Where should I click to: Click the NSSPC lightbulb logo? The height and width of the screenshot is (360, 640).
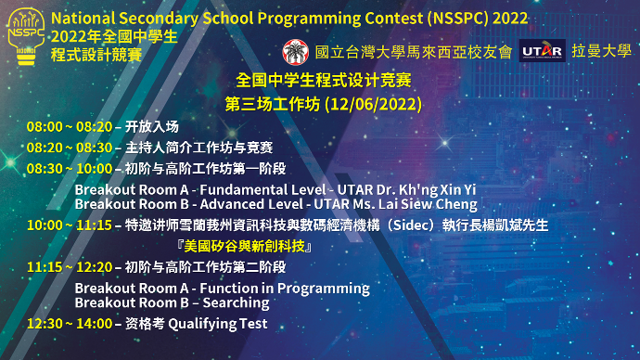26,37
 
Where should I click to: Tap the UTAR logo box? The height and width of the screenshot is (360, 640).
542,51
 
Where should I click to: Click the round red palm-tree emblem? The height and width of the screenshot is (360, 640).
296,52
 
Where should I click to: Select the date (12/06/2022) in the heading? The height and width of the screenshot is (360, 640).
374,105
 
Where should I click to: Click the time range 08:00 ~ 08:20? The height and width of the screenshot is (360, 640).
70,127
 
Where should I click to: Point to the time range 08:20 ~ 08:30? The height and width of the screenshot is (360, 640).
70,148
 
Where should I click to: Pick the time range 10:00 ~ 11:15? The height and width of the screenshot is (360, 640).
70,225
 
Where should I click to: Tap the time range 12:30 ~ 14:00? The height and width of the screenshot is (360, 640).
70,324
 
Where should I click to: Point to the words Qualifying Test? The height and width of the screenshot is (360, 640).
218,324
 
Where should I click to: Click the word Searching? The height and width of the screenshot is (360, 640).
236,302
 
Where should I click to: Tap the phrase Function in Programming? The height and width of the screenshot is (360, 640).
285,289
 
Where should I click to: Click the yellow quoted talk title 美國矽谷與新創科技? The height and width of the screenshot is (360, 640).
244,246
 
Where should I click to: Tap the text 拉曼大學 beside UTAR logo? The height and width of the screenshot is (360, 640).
601,51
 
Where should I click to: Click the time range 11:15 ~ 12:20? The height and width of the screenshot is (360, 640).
70,267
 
